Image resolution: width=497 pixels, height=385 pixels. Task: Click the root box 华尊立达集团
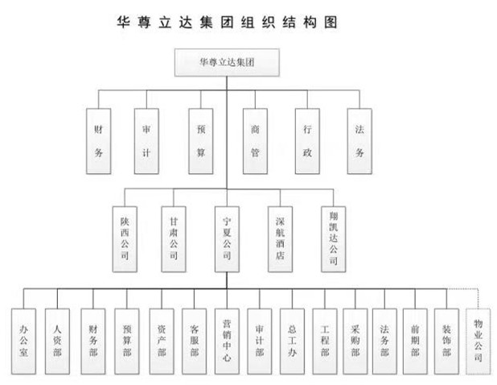tap(227, 63)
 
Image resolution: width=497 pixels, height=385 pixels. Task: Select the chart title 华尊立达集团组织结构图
tap(228, 22)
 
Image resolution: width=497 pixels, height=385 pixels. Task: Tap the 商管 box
tap(254, 141)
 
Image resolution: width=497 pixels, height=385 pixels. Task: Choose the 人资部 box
tap(57, 341)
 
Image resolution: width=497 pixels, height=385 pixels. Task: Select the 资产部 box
tap(161, 341)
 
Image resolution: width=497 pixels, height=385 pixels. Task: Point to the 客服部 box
tap(194, 341)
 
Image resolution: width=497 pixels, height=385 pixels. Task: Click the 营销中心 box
tap(228, 341)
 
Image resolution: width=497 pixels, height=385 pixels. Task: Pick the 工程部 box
tap(324, 341)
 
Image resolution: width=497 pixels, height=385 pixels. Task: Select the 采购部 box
tap(355, 341)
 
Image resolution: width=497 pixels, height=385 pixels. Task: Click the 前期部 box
tap(416, 341)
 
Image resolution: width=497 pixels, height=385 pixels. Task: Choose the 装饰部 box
tap(446, 341)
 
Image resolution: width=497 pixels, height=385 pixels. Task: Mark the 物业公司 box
tap(479, 341)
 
